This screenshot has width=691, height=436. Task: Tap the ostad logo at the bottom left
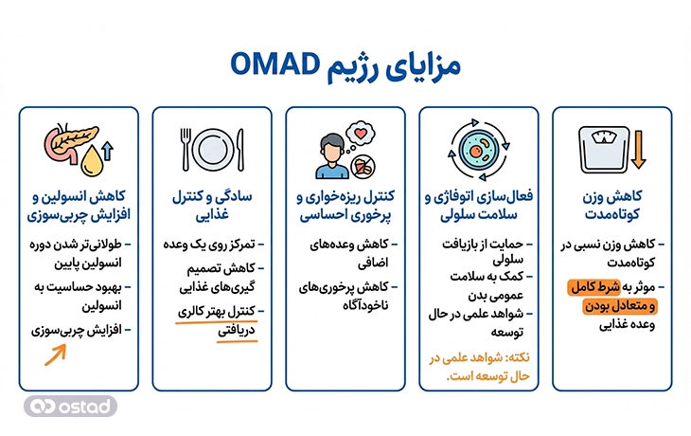pyautogui.click(x=72, y=405)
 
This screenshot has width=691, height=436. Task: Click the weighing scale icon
pyautogui.click(x=599, y=145)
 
